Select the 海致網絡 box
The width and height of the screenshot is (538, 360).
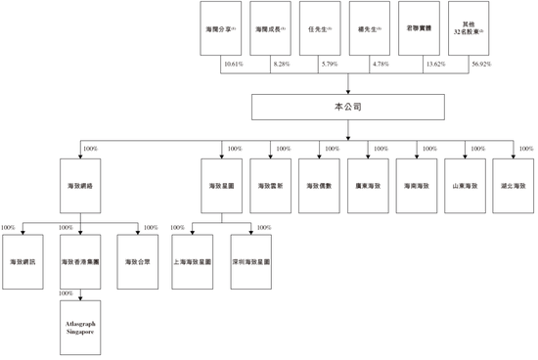click(78, 184)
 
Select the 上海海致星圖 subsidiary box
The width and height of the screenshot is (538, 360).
click(193, 262)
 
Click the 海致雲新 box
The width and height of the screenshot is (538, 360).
click(268, 184)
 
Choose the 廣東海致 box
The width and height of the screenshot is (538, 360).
click(367, 184)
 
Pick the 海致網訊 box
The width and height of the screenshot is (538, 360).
click(21, 262)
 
